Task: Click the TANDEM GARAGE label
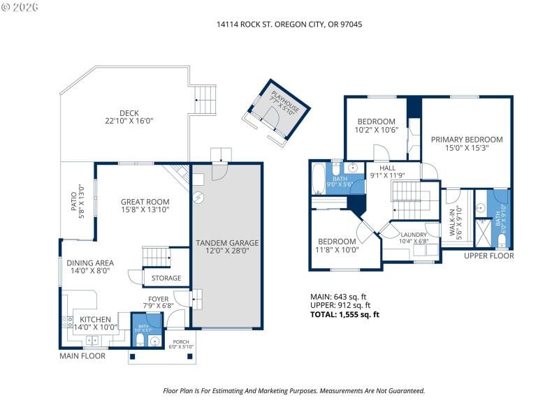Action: coord(226,243)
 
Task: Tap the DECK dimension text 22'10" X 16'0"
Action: coord(129,121)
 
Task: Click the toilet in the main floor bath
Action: coord(139,339)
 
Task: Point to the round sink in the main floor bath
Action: coord(154,341)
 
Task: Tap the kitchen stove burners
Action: coord(68,322)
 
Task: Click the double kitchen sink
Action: coord(92,341)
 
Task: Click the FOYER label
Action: coord(157,297)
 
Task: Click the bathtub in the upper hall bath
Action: coord(319,178)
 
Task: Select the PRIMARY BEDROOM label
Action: coord(466,139)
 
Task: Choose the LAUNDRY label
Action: coord(413,235)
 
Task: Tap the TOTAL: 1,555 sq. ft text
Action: coord(344,314)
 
